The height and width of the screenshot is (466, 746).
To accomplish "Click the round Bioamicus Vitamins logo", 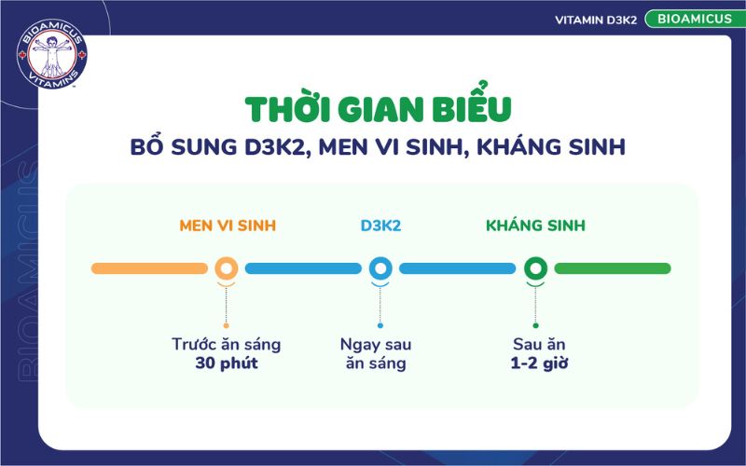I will point(51,57).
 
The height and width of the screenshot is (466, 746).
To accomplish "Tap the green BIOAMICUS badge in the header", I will point(692,19).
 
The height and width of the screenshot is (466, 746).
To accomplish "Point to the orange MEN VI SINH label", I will point(228,226).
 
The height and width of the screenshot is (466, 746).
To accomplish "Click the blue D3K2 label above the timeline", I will point(380,226).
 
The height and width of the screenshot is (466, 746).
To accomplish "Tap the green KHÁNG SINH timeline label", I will point(535,226).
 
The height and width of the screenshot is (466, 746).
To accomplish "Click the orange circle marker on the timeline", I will point(226,268).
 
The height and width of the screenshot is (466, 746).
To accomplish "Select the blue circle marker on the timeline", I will point(380,268).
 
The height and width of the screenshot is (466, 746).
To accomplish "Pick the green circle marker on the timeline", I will point(535,268).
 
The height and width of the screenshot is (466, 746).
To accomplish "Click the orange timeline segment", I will point(149,268).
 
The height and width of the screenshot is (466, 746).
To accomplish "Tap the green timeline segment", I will point(613,268).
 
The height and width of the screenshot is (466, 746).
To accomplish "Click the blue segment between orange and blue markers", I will point(302,268).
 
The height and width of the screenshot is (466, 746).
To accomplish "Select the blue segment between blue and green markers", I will point(457,268).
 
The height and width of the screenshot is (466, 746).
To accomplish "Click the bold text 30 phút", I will point(227,363).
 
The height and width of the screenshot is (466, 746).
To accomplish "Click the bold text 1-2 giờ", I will point(535,363).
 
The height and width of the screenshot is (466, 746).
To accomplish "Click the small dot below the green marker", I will point(535,325).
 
